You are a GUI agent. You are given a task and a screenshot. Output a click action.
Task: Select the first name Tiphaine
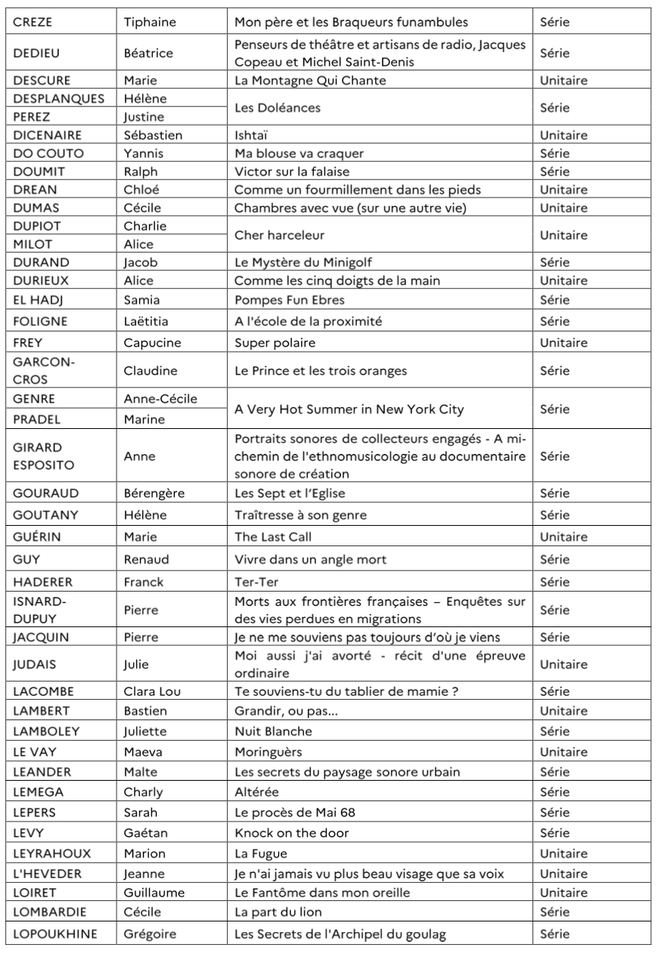tap(150, 22)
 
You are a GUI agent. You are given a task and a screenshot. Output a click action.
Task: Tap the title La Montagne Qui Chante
tap(310, 80)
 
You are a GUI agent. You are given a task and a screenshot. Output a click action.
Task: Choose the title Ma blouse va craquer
tap(299, 154)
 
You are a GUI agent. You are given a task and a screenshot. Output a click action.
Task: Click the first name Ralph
tap(141, 172)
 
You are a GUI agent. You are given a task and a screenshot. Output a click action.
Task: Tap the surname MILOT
tap(31, 244)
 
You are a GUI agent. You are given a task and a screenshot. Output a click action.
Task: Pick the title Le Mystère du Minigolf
tap(304, 263)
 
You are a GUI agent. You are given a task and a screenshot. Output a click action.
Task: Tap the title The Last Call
tap(273, 537)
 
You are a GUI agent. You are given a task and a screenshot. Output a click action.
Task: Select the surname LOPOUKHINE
tap(54, 934)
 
